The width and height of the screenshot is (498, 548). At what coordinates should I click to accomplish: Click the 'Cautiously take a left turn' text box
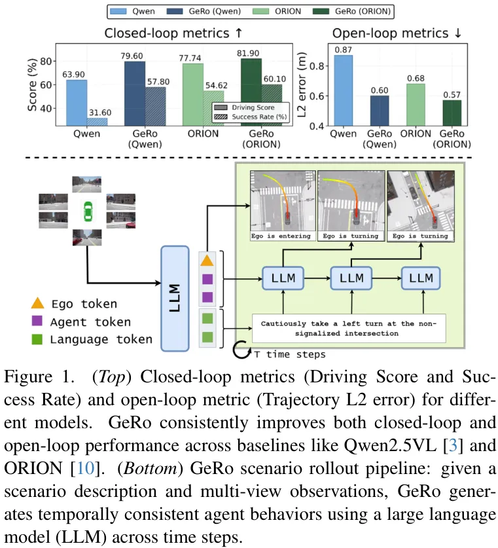349,328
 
